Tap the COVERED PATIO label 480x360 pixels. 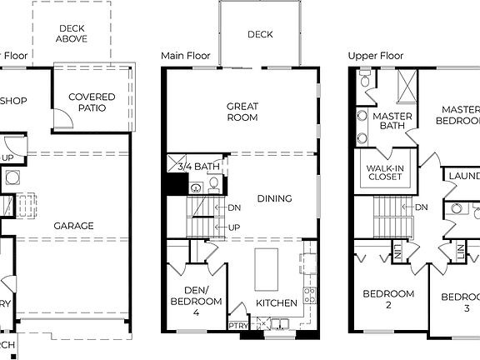[92, 103]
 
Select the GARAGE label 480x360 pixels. [74, 225]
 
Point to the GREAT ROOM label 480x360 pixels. [242, 112]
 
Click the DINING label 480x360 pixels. [274, 198]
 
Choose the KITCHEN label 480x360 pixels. [277, 302]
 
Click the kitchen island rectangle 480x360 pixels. [267, 267]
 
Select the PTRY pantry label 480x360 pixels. [237, 326]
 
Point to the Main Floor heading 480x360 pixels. [183, 56]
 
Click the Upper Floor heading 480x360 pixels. [375, 56]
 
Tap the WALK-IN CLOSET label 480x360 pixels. [386, 173]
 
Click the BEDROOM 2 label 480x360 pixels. [388, 299]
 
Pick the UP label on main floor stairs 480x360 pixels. [235, 227]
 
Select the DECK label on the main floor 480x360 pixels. [260, 35]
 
